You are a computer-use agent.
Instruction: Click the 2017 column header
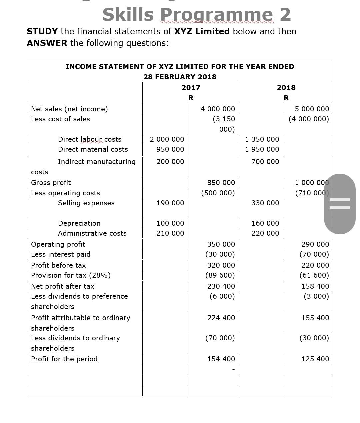191,88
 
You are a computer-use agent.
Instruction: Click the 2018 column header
286,88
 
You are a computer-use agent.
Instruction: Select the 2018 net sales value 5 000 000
312,109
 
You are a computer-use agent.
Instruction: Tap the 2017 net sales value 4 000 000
218,109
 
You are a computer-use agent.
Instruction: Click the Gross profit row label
51,183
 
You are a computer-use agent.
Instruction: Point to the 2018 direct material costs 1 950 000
262,149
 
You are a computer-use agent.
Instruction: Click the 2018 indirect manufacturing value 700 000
265,162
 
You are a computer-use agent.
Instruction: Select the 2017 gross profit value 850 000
221,183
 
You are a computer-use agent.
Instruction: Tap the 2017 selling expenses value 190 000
170,203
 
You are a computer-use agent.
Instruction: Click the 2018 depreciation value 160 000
265,223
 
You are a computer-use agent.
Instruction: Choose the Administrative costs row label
92,233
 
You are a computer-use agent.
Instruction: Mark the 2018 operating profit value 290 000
315,244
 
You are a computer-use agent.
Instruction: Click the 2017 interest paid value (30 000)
220,254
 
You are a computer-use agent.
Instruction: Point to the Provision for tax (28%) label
71,275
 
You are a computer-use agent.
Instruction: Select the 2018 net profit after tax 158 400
315,286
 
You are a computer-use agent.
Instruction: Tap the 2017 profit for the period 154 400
221,359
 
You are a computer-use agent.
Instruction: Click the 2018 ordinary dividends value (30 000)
314,338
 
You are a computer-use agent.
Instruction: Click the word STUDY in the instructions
42,31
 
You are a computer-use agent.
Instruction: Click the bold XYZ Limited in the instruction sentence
202,31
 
